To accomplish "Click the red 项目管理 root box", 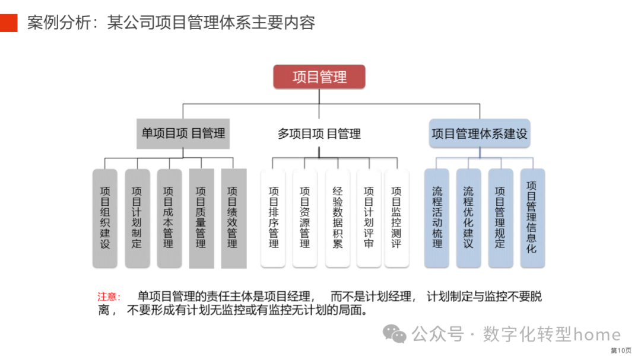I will [319, 77].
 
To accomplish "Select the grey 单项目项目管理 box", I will [183, 133].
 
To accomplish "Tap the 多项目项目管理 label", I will [319, 133].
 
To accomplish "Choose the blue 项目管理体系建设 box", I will [479, 133].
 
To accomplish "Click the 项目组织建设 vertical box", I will [105, 218].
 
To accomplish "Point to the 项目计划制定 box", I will [137, 218].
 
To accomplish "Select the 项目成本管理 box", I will [169, 218].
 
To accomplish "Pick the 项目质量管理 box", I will [201, 218].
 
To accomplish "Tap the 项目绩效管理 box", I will [233, 218].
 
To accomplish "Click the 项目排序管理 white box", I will [274, 218].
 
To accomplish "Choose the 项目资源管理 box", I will [305, 218].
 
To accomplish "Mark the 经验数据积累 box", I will [338, 218].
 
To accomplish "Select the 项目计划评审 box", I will [369, 218].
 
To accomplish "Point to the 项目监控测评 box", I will [396, 218].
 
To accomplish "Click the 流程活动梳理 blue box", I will [437, 218].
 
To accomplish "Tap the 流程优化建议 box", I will [469, 218].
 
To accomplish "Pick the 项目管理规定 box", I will [500, 218].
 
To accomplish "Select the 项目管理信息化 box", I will [532, 218].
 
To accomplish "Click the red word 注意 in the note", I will [109, 297].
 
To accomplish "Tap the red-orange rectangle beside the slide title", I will [9, 22].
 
